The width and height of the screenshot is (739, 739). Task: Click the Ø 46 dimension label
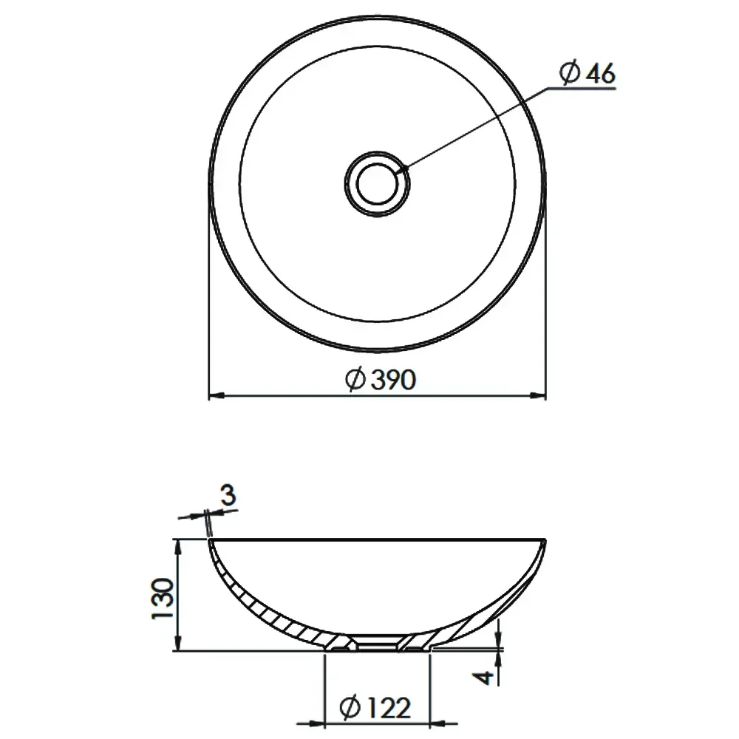[x=588, y=74]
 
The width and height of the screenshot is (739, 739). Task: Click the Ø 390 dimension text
[x=381, y=380]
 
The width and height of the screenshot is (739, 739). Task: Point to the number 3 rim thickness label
[x=228, y=496]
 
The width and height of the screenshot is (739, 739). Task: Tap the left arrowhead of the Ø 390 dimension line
[x=214, y=397]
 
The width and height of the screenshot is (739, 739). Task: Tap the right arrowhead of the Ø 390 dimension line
[x=541, y=397]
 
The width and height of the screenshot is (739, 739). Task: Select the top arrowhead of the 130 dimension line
[x=178, y=545]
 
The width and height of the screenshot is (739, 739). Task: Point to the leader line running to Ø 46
[x=473, y=129]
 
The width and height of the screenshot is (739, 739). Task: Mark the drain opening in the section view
[x=378, y=644]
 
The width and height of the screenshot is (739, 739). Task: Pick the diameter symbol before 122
[x=350, y=709]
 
